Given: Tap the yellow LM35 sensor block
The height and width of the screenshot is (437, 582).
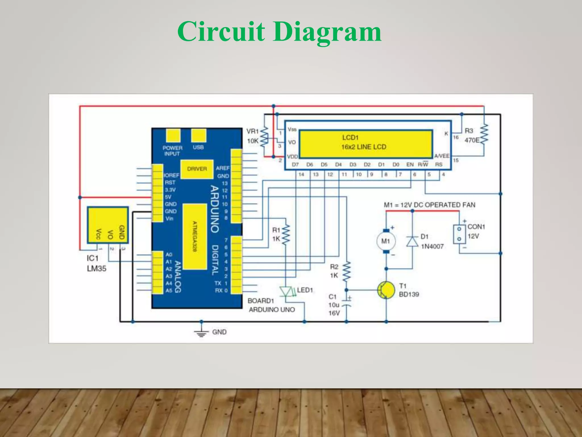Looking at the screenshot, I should [108, 225].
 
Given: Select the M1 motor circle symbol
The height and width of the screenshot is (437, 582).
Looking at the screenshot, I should [386, 241].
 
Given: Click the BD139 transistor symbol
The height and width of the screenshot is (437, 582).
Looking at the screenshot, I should [386, 290].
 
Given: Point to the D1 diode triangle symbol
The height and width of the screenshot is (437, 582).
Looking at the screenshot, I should [412, 242].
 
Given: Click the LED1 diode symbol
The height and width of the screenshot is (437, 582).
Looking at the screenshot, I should [286, 291].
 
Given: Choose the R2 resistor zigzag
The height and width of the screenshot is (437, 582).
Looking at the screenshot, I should [346, 271].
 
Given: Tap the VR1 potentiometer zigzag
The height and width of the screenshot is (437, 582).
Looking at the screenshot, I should [264, 137].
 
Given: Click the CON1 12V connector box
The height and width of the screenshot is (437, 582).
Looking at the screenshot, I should [459, 234].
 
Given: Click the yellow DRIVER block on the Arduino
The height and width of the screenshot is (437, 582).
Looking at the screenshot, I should [197, 169].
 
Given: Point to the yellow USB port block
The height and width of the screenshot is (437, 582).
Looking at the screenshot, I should [198, 136].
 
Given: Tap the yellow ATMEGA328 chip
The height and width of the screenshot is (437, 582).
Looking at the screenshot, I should [194, 236].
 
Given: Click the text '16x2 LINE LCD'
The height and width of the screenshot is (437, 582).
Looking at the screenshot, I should [363, 147].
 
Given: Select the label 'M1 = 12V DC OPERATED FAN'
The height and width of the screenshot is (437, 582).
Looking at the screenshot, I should [429, 205].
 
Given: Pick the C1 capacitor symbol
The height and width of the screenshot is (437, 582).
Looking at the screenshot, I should [346, 302].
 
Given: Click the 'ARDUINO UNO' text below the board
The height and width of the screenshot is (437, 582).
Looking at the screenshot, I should [272, 310].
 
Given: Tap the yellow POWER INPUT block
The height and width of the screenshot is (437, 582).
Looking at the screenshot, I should [173, 136].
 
